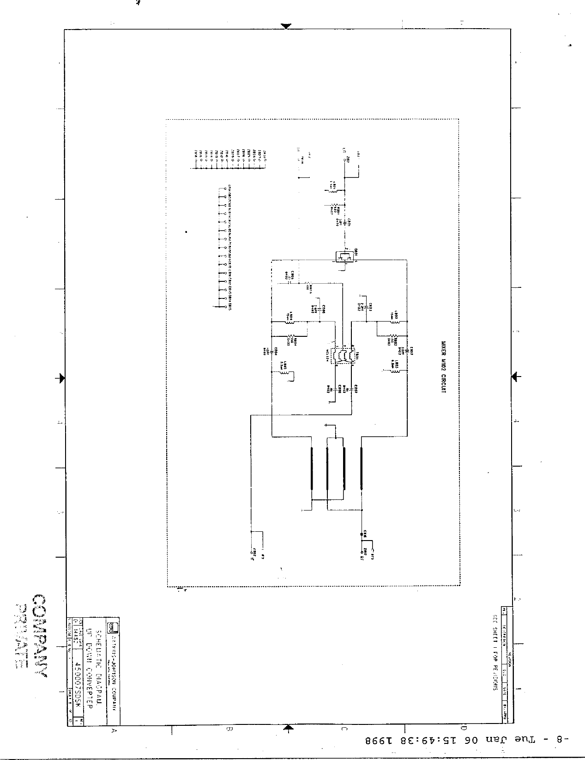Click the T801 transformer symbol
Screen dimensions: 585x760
coord(343,356)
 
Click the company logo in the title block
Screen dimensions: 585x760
coord(111,627)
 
